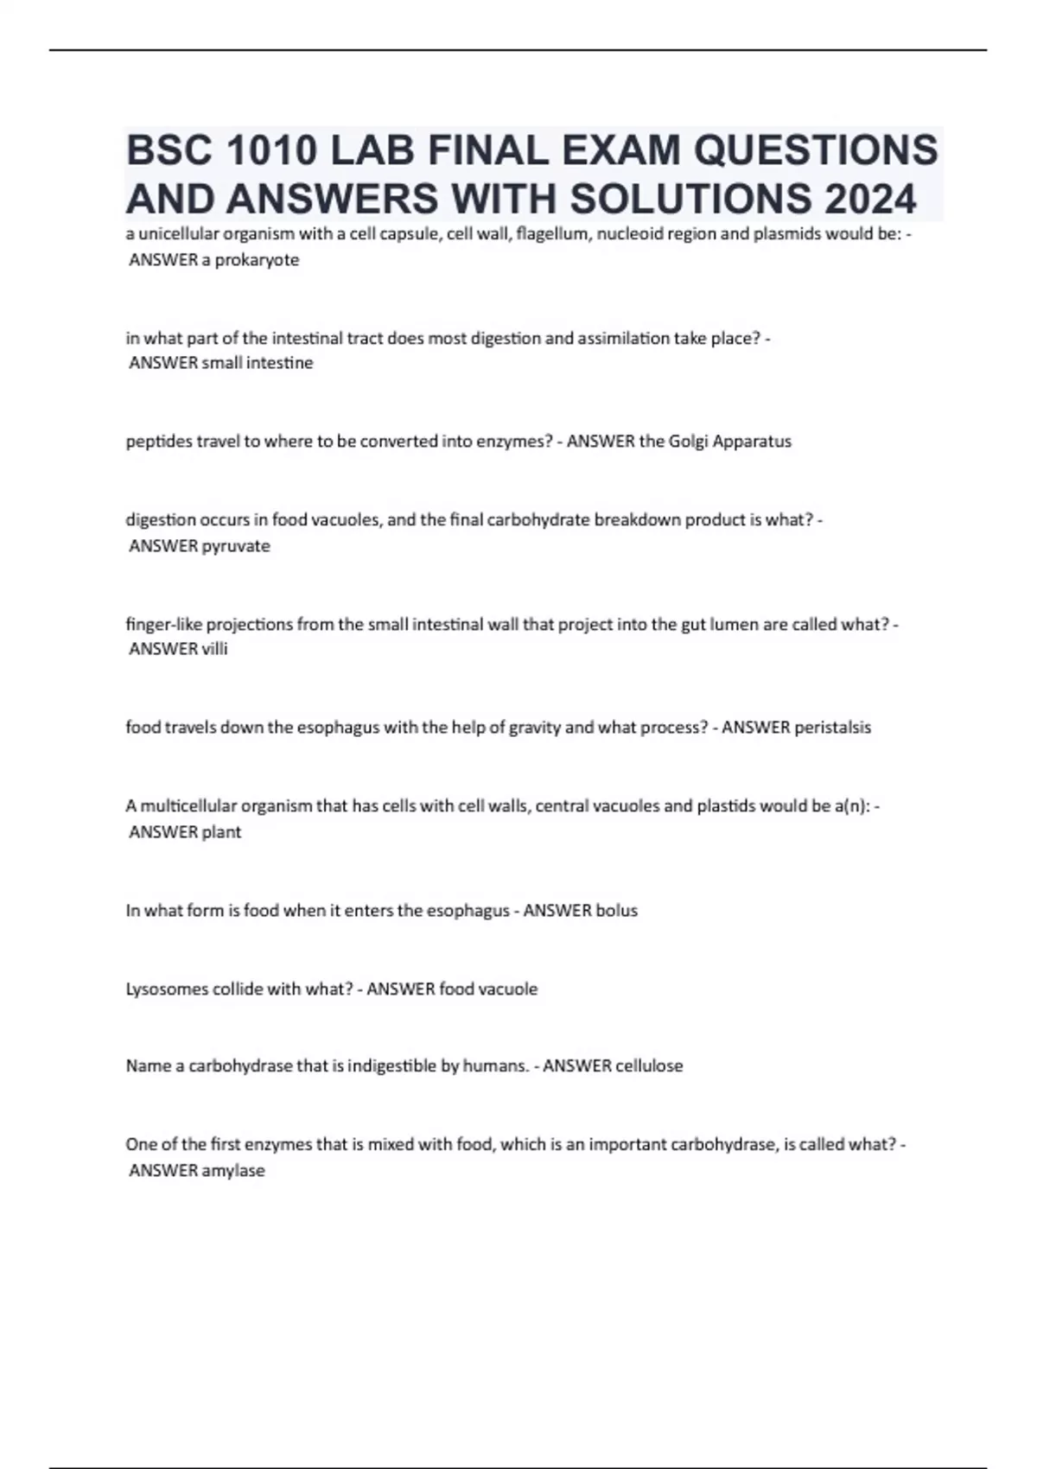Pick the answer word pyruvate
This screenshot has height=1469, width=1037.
(236, 546)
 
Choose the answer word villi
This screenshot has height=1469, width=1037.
(214, 649)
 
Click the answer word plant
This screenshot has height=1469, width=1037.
(221, 832)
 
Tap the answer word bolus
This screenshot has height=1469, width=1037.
(617, 911)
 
